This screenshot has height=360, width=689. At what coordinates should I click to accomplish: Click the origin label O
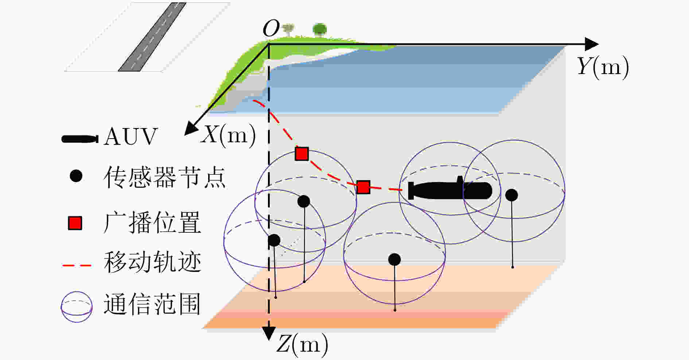pyautogui.click(x=271, y=28)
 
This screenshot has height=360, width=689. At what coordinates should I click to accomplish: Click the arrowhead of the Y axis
pyautogui.click(x=591, y=44)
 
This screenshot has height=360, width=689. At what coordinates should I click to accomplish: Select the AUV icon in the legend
pyautogui.click(x=80, y=139)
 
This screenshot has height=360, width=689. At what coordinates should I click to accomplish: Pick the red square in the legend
pyautogui.click(x=75, y=223)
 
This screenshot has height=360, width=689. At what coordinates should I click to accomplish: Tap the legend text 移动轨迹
pyautogui.click(x=152, y=262)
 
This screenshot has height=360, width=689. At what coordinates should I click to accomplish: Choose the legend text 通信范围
pyautogui.click(x=152, y=304)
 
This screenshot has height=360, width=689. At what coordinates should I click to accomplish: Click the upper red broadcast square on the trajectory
pyautogui.click(x=302, y=154)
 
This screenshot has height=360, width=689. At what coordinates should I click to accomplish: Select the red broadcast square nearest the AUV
pyautogui.click(x=363, y=187)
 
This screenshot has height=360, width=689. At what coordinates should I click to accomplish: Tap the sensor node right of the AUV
pyautogui.click(x=511, y=195)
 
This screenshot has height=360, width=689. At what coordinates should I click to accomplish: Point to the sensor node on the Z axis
pyautogui.click(x=274, y=240)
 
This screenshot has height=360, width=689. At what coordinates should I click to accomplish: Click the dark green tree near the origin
pyautogui.click(x=320, y=29)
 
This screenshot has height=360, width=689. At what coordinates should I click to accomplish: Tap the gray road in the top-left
pyautogui.click(x=152, y=36)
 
